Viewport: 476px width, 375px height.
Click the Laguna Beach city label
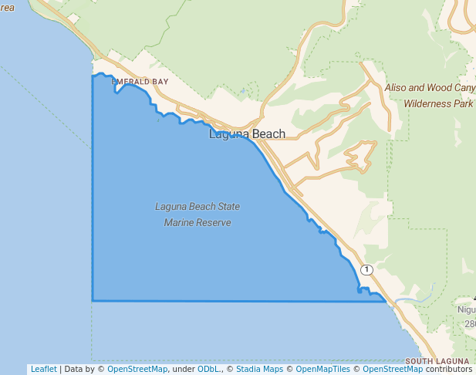point(247,134)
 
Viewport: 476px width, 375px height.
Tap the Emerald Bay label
point(140,81)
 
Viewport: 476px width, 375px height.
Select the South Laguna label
point(437,361)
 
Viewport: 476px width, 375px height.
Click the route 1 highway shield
point(366,269)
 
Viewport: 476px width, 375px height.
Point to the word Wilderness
point(428,103)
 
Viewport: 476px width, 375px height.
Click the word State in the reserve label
point(227,207)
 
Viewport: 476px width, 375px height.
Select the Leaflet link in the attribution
point(43,369)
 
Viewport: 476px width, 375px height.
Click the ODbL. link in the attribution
point(208,369)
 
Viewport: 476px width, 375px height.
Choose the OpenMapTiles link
point(323,369)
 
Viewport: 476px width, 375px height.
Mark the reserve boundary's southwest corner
point(93,300)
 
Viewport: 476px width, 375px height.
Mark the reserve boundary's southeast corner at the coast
point(384,301)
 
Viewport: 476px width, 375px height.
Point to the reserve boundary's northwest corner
point(93,76)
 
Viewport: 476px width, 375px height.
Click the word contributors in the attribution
point(448,369)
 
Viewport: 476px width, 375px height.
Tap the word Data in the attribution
point(73,369)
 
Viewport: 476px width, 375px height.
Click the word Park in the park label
point(464,103)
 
